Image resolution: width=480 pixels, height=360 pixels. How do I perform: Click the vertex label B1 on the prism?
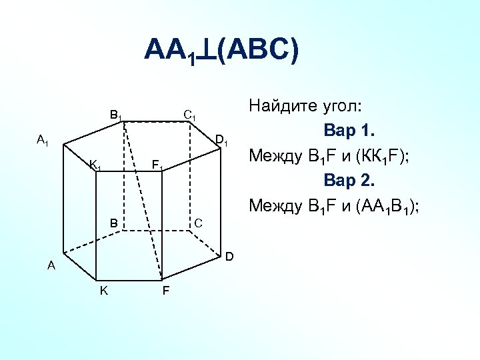(x=116, y=115)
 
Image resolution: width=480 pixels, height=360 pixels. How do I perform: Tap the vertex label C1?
(x=189, y=115)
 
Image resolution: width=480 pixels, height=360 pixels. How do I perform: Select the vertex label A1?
(x=43, y=140)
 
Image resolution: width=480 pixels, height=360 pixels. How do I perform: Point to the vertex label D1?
(x=222, y=141)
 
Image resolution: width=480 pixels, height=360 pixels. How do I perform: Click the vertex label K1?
(x=95, y=165)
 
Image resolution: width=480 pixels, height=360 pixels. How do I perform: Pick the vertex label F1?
(x=157, y=165)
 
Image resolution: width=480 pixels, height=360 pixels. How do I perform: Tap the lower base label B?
(x=114, y=223)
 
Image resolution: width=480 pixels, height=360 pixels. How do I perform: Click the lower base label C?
(x=198, y=222)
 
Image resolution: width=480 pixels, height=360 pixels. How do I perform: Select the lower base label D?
(x=229, y=256)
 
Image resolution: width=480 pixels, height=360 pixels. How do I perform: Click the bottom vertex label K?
(x=103, y=291)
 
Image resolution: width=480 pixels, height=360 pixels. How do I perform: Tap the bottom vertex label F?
(x=165, y=291)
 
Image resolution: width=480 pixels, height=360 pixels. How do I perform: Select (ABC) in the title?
(x=257, y=50)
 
